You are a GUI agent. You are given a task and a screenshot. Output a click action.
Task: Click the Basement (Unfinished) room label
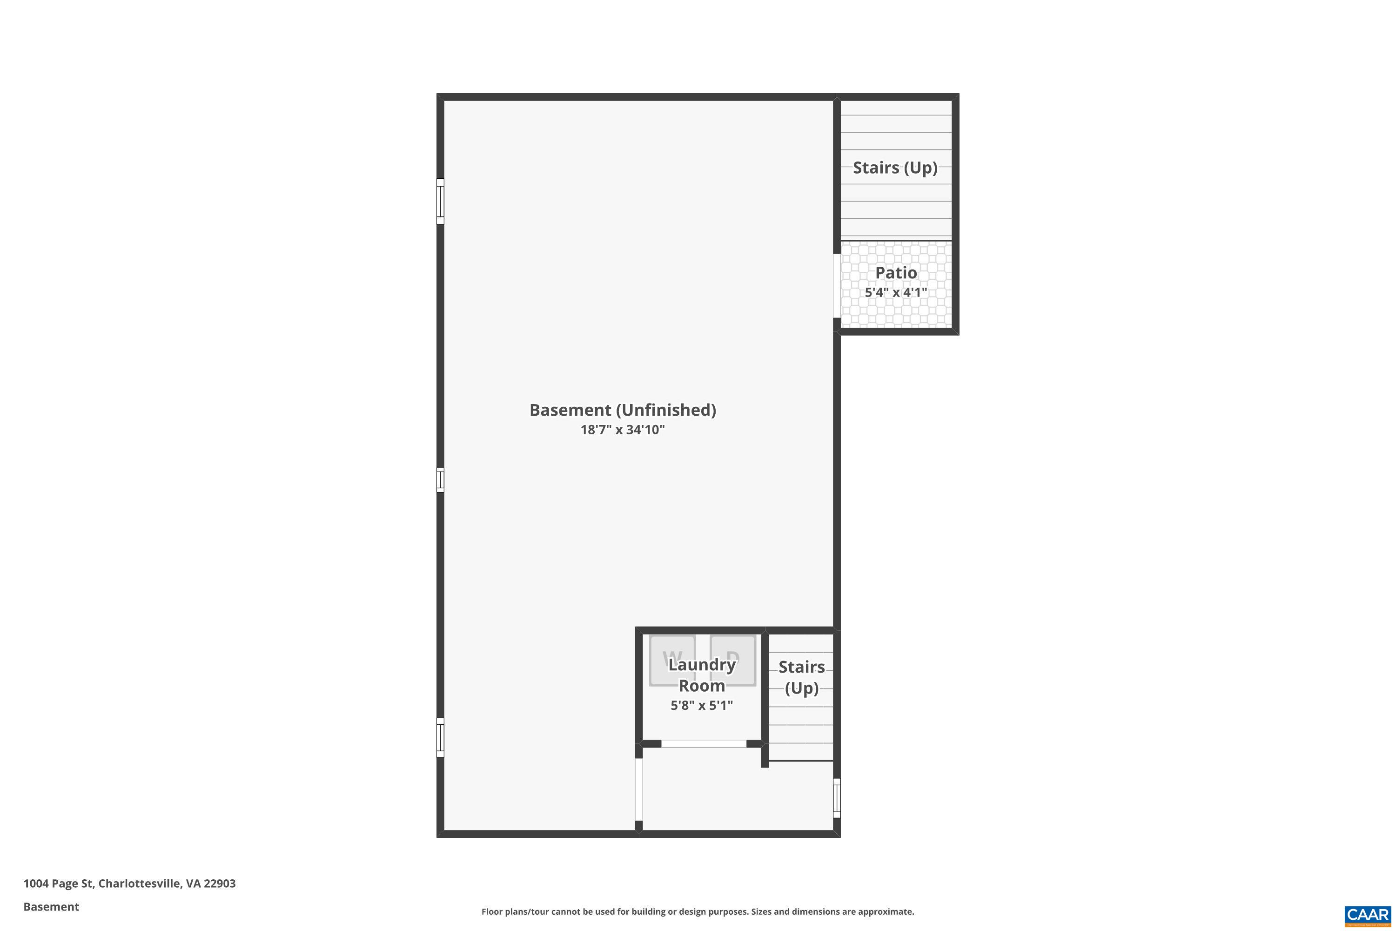(623, 410)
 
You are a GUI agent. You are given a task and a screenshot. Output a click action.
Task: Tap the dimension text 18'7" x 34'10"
(623, 430)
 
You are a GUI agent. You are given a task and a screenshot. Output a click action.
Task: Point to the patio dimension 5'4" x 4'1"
(896, 293)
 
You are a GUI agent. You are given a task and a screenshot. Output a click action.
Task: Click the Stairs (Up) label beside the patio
(895, 168)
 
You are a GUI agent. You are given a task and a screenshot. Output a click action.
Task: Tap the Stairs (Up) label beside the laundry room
(801, 677)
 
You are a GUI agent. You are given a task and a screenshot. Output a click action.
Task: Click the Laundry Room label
(702, 675)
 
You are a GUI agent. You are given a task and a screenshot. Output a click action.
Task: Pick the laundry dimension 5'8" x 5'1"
(702, 705)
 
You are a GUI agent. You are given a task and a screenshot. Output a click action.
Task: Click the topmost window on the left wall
(440, 201)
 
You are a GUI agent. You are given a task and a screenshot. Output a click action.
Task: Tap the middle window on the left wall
(440, 480)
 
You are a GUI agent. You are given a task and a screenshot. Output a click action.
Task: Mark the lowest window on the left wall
(440, 737)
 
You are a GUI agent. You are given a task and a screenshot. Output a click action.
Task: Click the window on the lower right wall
(837, 798)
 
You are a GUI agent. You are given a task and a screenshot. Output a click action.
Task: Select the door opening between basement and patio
(837, 286)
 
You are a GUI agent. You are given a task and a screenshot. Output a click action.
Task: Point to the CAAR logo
(1368, 915)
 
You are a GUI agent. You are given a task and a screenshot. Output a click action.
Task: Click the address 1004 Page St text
(129, 884)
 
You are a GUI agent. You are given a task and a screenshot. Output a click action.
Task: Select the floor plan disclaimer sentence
(698, 911)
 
